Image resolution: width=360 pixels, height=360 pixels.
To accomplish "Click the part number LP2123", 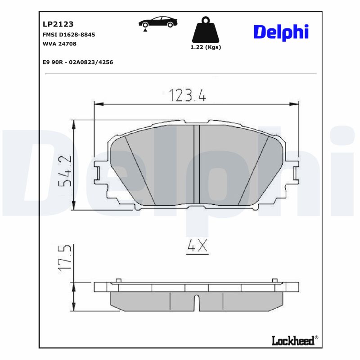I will click(x=58, y=24).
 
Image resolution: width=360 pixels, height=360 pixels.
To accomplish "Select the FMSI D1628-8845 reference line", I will click(x=68, y=35).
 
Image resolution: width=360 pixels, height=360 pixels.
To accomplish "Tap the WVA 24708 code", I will click(x=59, y=44).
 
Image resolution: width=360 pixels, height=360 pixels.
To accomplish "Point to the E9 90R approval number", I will click(x=77, y=62).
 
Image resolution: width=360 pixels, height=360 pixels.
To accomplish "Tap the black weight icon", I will click(x=206, y=30).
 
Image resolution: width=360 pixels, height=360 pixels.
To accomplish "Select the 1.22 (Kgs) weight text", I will click(x=206, y=47).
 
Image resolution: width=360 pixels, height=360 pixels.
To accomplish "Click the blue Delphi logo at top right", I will click(x=281, y=31).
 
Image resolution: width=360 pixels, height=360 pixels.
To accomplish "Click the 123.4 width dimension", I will click(x=187, y=95).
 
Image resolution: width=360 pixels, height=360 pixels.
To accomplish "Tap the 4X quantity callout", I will click(x=196, y=246).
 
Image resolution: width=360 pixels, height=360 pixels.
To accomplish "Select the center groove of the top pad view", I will click(x=196, y=165).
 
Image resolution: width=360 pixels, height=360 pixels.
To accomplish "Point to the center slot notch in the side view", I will click(x=196, y=302).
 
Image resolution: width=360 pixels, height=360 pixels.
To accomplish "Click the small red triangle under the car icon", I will click(x=145, y=30).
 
